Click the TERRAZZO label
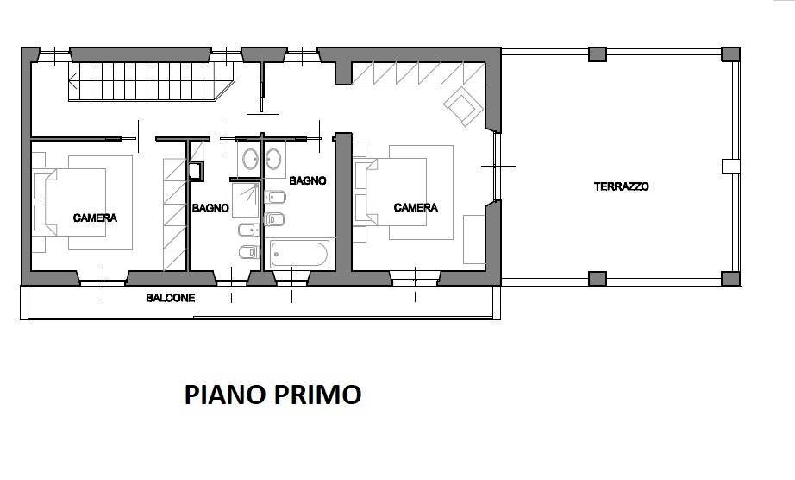point(621,186)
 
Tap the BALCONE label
point(170,298)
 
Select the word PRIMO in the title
point(318,395)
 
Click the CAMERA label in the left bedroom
point(95,218)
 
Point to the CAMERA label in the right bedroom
point(416,207)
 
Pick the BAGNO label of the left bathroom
point(210,208)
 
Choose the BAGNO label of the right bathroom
point(307,181)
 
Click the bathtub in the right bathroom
point(299,254)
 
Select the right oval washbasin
point(276,158)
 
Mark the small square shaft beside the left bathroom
point(197,170)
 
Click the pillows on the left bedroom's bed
point(41,198)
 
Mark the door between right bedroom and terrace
point(496,165)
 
